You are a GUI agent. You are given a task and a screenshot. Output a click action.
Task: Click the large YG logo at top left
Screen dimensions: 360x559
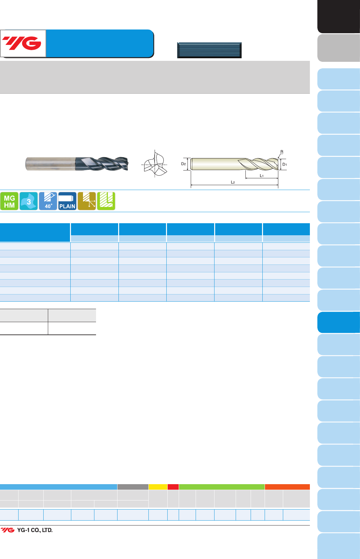[22, 43]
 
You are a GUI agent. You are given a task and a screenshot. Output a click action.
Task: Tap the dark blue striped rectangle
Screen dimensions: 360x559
[209, 50]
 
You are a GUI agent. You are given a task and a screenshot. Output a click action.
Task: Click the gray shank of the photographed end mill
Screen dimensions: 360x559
[50, 164]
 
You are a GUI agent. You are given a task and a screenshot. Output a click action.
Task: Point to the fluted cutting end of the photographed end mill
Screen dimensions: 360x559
[102, 164]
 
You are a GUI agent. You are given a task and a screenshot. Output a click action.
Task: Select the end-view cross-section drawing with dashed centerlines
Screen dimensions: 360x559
[154, 164]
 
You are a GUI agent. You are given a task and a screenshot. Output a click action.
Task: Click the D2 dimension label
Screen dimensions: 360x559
[184, 164]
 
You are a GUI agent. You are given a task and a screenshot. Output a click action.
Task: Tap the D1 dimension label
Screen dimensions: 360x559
[284, 164]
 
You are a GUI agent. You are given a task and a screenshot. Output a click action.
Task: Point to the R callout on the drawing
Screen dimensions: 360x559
[282, 152]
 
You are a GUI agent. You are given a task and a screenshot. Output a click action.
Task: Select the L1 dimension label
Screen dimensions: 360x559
[262, 176]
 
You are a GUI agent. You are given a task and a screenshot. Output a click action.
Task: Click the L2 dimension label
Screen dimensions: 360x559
[233, 182]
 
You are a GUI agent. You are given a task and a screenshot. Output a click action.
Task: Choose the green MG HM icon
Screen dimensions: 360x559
[9, 201]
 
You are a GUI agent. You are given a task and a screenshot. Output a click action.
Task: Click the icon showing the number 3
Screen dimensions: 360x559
[29, 201]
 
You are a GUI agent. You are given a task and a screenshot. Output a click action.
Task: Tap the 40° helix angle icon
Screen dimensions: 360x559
[48, 201]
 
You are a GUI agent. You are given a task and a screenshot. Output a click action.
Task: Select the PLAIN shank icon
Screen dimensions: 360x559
[67, 201]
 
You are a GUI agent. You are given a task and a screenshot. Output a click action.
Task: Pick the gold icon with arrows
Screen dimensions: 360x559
[87, 201]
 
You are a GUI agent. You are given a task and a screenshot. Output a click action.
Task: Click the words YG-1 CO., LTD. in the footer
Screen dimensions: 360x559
[35, 530]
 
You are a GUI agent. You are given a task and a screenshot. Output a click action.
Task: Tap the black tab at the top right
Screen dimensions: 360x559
[339, 16]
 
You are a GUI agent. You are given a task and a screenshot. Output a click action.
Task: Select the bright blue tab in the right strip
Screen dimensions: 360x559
[339, 322]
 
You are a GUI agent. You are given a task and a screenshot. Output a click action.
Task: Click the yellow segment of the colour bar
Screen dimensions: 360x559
[158, 487]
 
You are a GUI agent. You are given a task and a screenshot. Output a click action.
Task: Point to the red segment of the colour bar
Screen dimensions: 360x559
[173, 487]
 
